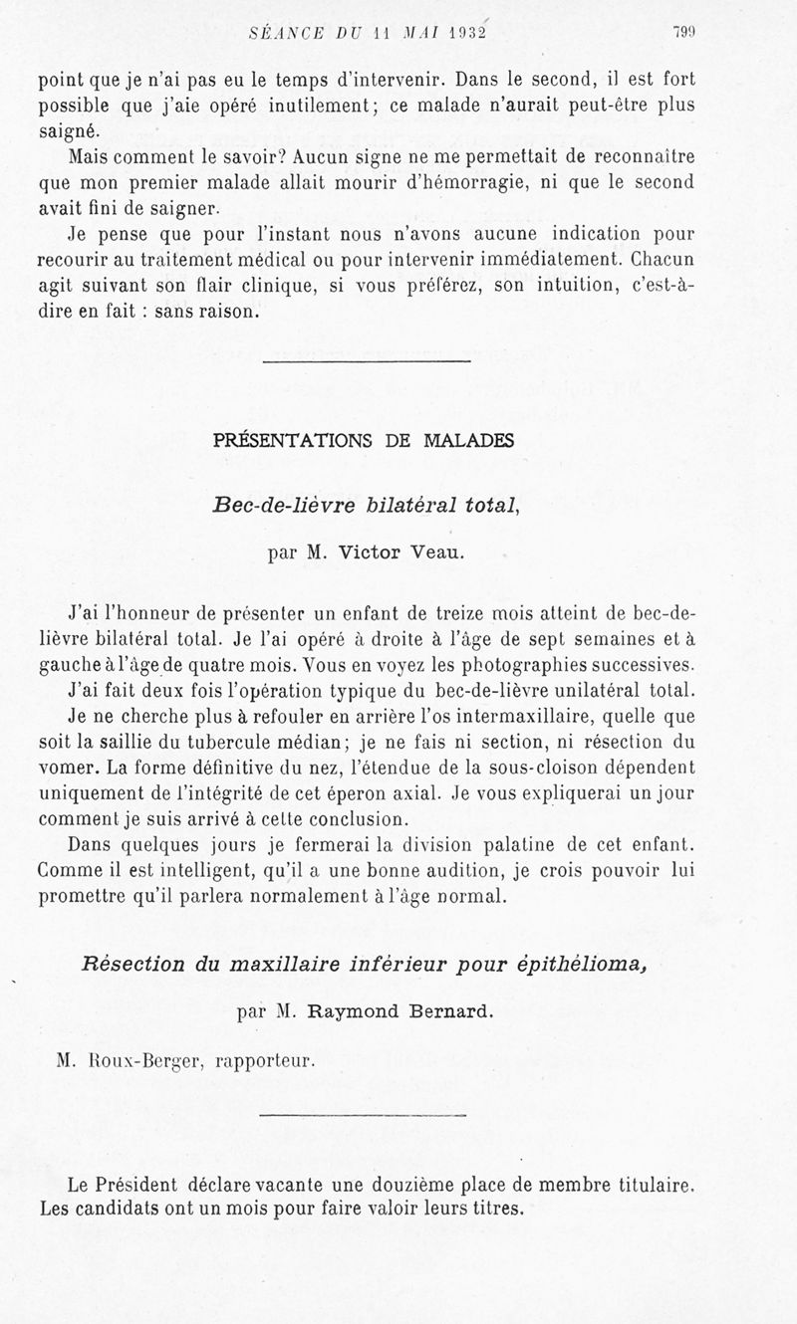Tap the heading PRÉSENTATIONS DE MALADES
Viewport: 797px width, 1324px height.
coord(364,441)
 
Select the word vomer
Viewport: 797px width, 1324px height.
coord(67,769)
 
